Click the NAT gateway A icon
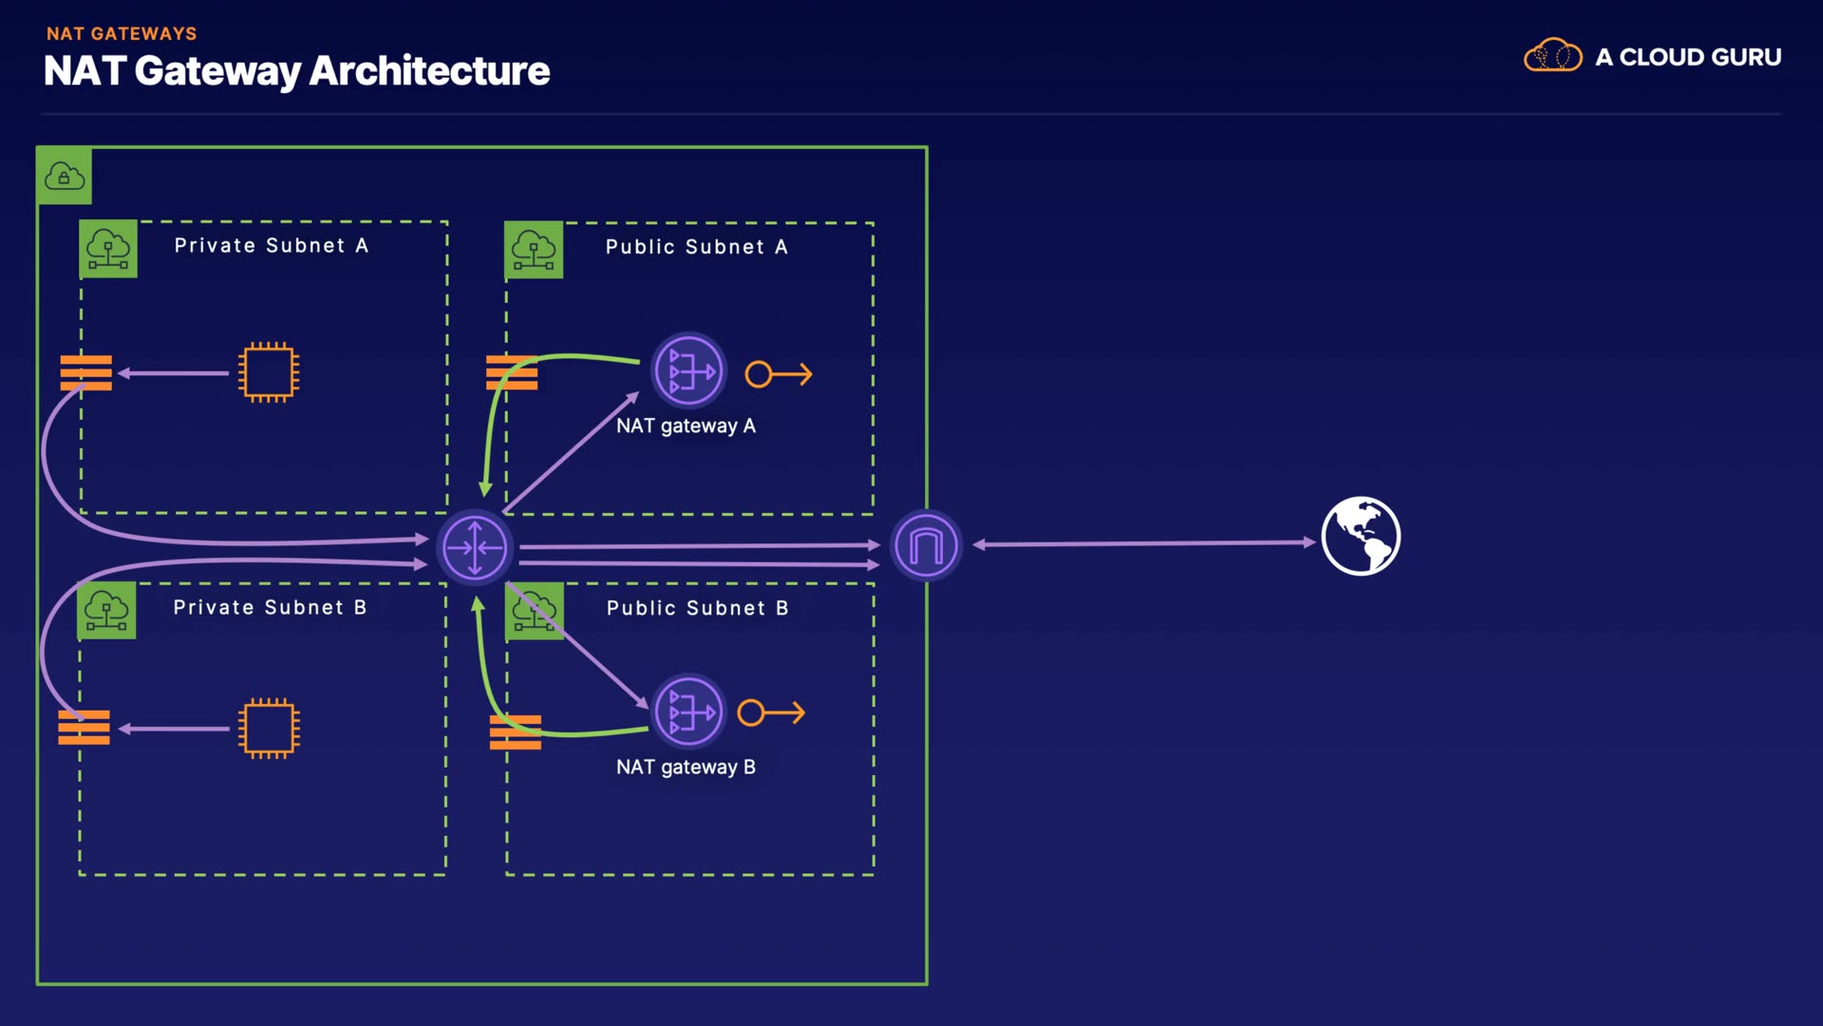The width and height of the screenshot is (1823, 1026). (x=689, y=370)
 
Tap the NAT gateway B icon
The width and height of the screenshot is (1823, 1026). (x=689, y=712)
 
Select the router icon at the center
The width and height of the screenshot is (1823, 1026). (x=475, y=547)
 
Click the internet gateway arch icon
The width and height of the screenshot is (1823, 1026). (x=926, y=546)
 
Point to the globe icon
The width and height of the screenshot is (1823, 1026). (x=1361, y=537)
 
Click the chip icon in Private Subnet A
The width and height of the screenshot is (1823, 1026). (x=269, y=372)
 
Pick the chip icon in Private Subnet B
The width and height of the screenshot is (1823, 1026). (x=269, y=729)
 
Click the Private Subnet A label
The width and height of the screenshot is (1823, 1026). (x=271, y=246)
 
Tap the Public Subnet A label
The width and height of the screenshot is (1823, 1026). (x=696, y=247)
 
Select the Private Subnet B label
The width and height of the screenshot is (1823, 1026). (x=270, y=608)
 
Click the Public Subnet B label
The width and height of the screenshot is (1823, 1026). (x=697, y=609)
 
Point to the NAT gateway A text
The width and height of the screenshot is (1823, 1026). (x=686, y=427)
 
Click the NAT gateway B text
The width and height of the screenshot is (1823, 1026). (x=686, y=768)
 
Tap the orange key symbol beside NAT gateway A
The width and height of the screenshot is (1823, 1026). (x=779, y=374)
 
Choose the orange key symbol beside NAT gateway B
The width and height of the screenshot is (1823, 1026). (x=771, y=712)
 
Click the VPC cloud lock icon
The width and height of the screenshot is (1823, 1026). (x=65, y=177)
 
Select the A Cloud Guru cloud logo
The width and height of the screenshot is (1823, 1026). (x=1552, y=56)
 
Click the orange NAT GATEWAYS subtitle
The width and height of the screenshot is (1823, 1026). (x=122, y=34)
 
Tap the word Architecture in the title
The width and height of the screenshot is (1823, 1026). (x=429, y=71)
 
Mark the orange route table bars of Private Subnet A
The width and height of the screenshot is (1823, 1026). (x=86, y=372)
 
